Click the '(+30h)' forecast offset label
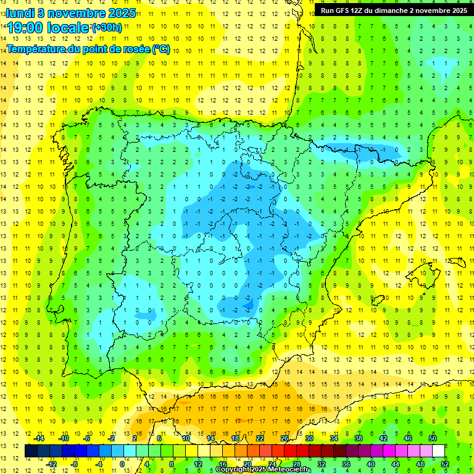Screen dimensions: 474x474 (106, 28)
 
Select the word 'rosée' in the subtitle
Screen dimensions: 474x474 (132, 49)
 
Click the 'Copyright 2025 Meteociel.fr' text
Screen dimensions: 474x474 (264, 470)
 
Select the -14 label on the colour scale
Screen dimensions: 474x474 (38, 438)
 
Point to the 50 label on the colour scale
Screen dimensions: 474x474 (432, 438)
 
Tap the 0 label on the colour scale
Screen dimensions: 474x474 (122, 464)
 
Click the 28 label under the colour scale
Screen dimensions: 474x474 (297, 464)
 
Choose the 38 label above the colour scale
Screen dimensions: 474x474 (358, 438)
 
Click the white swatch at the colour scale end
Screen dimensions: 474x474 (438, 451)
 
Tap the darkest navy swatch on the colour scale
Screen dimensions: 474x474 (31, 451)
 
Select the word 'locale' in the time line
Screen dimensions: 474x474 (67, 28)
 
